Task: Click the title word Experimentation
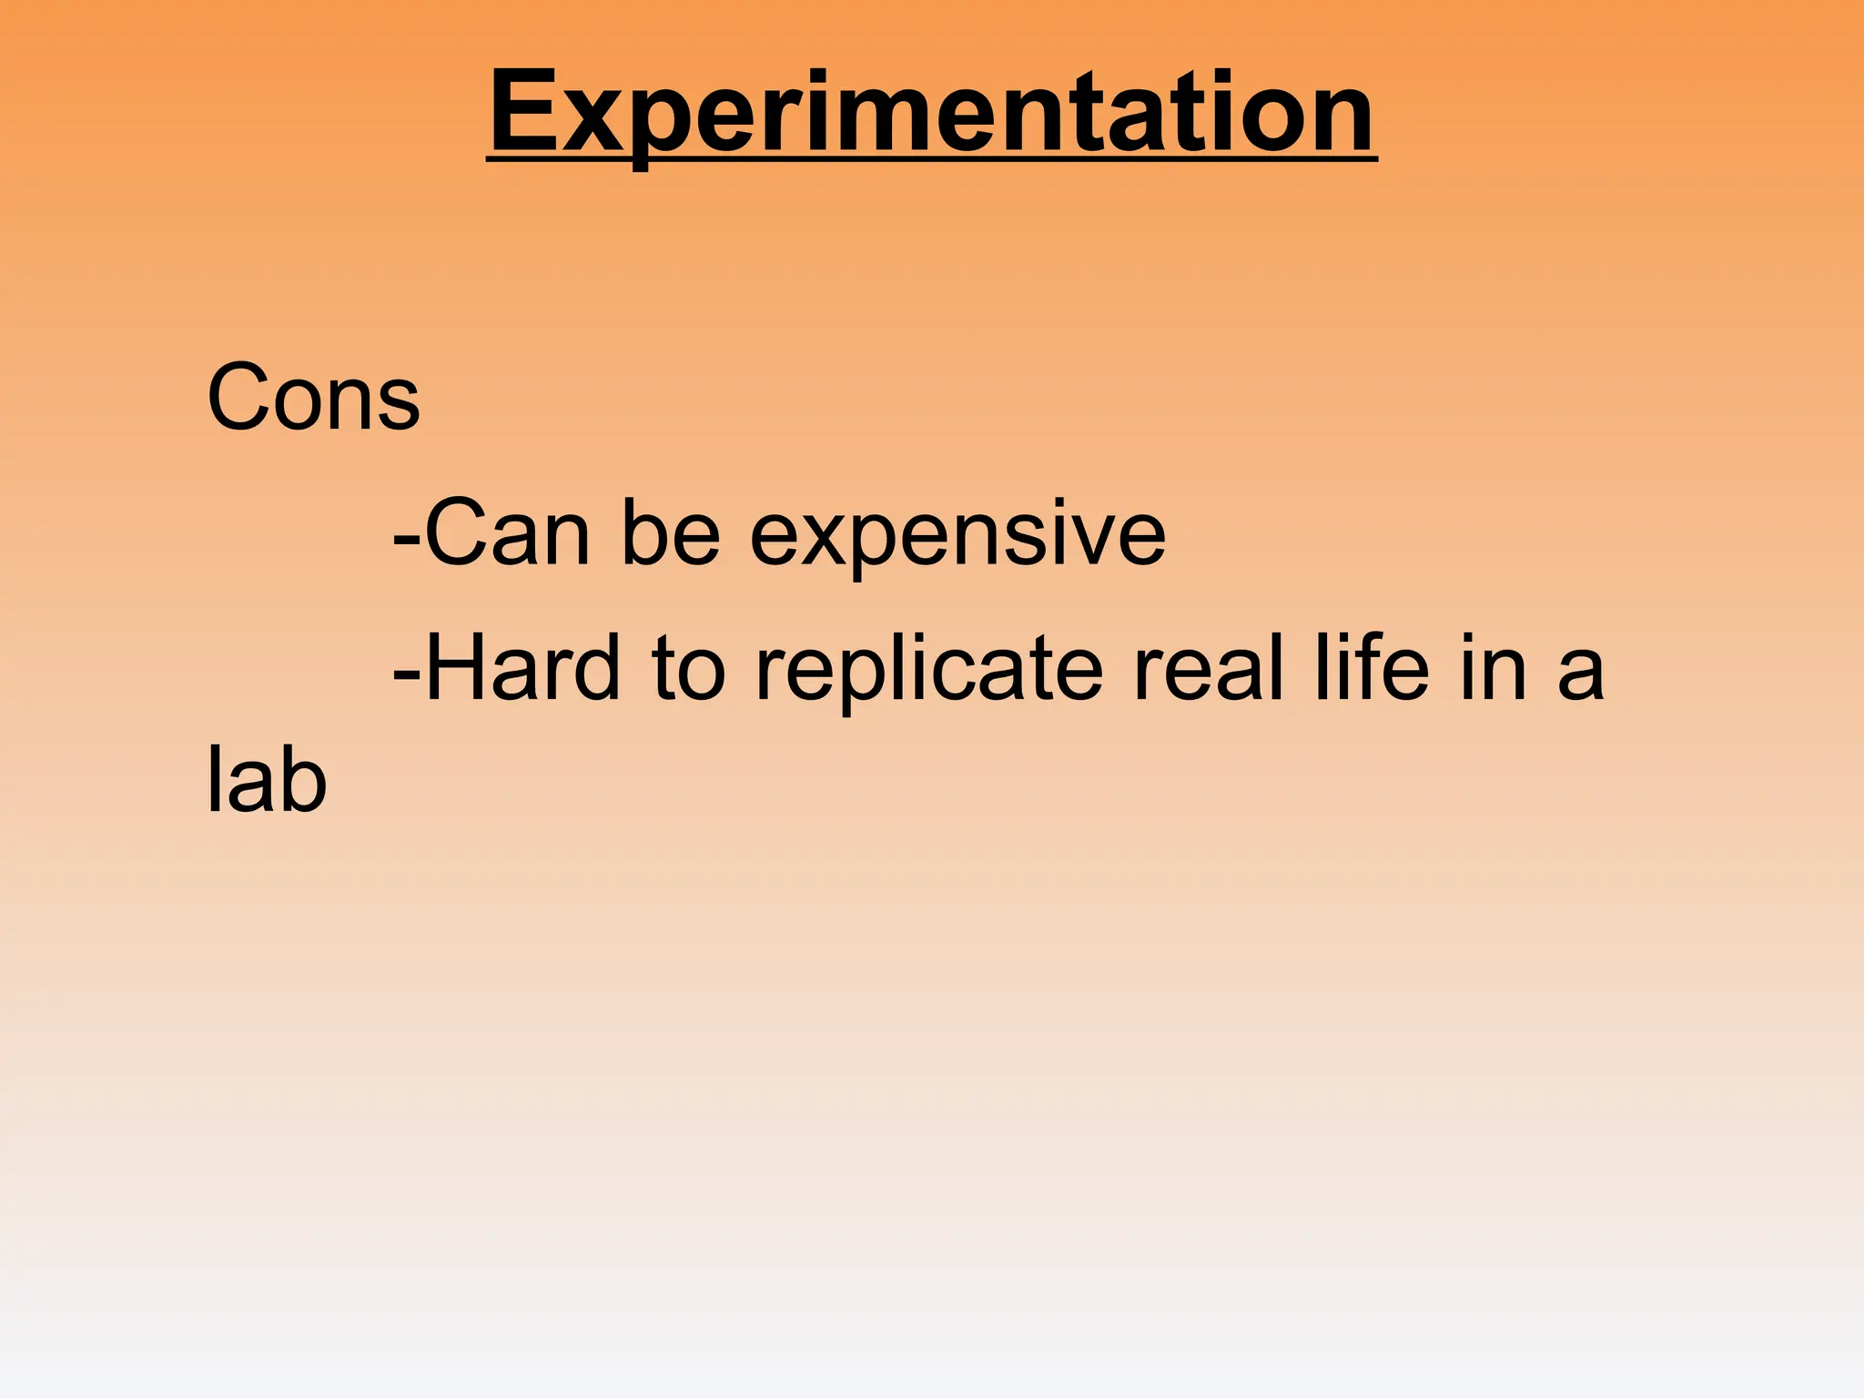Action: [931, 113]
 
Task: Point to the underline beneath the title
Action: [931, 161]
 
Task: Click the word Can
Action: [508, 532]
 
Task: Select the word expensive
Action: [957, 537]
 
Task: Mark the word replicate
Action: [929, 674]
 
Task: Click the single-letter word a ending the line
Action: [1580, 675]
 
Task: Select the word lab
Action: [266, 780]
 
